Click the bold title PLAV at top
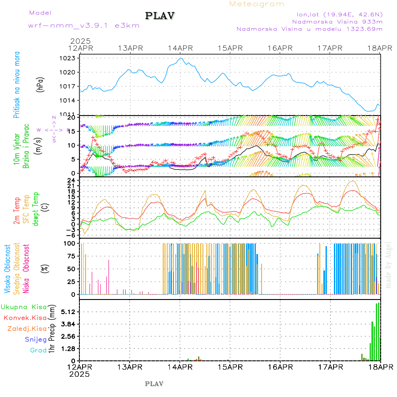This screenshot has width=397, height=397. click(160, 16)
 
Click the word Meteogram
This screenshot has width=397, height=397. click(257, 4)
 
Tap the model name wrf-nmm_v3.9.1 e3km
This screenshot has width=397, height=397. click(84, 25)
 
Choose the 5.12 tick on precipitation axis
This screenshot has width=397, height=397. click(68, 312)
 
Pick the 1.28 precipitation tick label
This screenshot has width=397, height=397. click(68, 348)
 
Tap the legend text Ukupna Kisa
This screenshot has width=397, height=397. click(23, 307)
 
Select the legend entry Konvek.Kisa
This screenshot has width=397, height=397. click(25, 318)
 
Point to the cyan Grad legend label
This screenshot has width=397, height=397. click(38, 350)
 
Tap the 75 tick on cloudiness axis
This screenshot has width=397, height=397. click(70, 256)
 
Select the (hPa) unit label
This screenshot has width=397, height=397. click(40, 84)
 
